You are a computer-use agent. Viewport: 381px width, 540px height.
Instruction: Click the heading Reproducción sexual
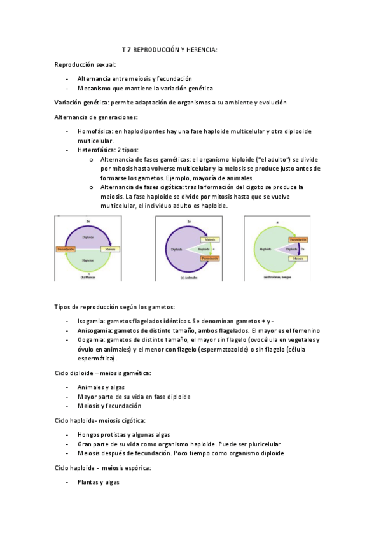pos(85,64)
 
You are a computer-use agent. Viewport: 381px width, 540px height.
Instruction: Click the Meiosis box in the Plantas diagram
pos(110,248)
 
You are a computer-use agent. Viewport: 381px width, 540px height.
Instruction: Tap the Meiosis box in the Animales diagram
pos(210,239)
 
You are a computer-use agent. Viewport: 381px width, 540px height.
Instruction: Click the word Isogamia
pos(91,322)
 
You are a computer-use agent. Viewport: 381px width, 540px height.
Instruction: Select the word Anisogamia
pos(94,330)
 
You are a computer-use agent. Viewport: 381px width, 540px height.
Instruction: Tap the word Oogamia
pos(91,340)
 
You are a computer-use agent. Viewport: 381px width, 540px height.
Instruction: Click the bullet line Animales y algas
pos(101,387)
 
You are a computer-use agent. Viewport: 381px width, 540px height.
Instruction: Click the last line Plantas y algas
pos(98,482)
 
